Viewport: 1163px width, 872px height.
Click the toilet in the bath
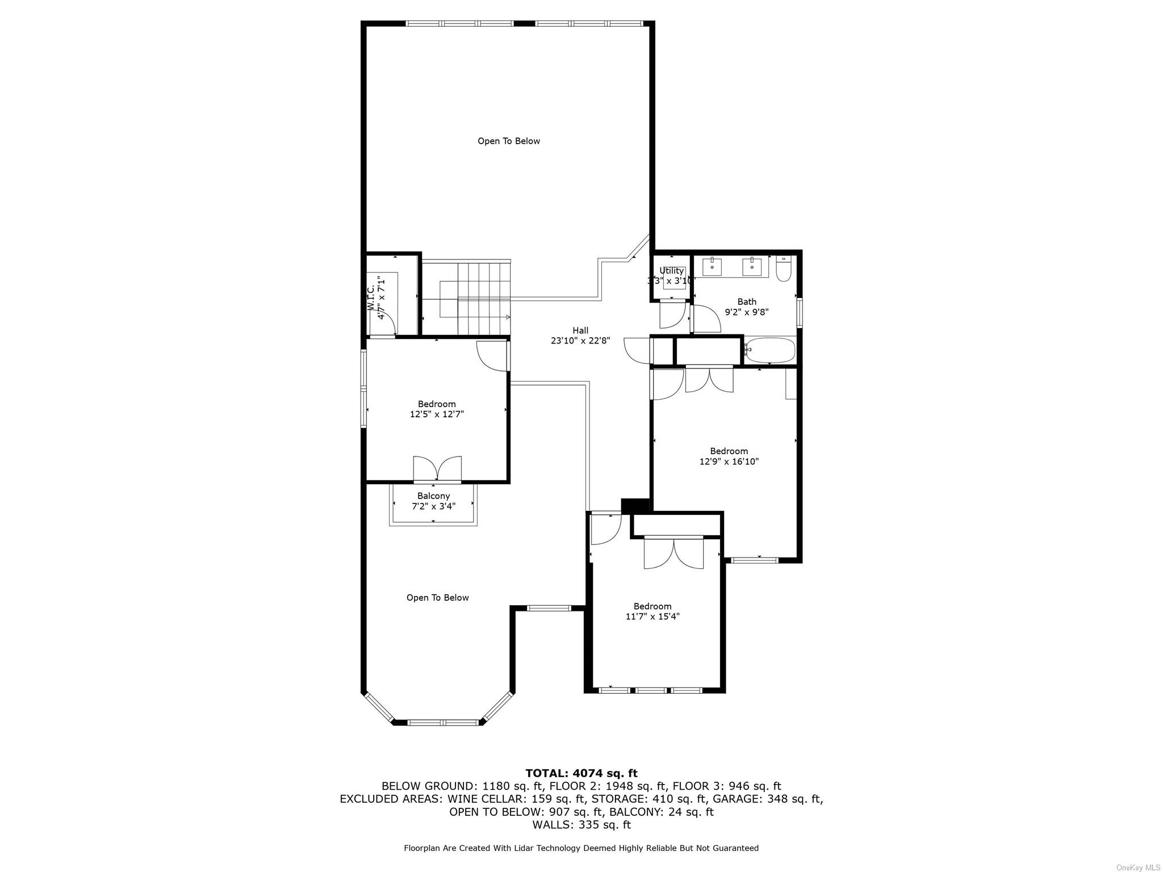[x=783, y=269]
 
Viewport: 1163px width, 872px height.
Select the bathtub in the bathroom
[x=770, y=350]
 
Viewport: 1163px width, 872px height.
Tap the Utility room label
[x=671, y=271]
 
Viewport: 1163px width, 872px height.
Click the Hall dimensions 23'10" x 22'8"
[x=580, y=341]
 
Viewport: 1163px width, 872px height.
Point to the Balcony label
[x=433, y=496]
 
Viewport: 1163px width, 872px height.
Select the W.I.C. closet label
[x=370, y=298]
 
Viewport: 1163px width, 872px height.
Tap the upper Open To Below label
[x=508, y=141]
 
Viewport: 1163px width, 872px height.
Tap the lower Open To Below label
[x=437, y=597]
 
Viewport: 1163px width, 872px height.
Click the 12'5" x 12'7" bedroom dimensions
[x=437, y=414]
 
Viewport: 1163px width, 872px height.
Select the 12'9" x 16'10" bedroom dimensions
[x=729, y=462]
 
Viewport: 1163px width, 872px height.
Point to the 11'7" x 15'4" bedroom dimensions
[x=652, y=617]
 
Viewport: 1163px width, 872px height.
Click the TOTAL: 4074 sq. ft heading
[x=581, y=773]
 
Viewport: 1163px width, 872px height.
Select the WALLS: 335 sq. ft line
[x=581, y=824]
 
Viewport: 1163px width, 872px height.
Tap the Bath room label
[x=747, y=301]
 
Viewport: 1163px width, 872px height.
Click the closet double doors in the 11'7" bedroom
[x=673, y=554]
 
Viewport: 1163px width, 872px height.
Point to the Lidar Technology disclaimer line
[x=581, y=848]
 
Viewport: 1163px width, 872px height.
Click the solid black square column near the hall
[x=635, y=505]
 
